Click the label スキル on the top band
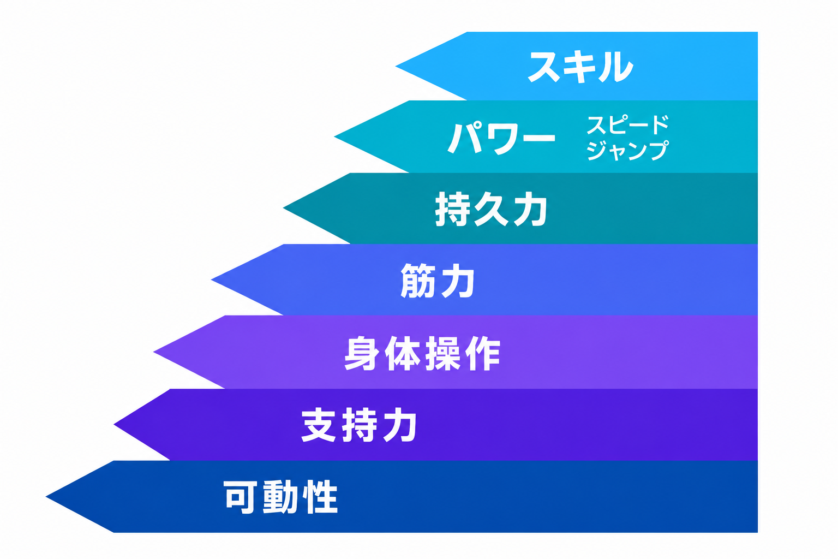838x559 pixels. coord(580,67)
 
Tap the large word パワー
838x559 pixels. coord(501,138)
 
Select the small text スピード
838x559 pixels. coord(627,124)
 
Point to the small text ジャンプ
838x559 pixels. coord(627,150)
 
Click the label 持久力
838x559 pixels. coord(491,209)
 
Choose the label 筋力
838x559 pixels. coord(438,281)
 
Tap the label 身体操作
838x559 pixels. coord(422,353)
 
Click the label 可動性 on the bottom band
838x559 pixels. coord(280,497)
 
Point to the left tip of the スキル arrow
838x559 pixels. coord(396,66)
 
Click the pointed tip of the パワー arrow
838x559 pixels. coord(334,136)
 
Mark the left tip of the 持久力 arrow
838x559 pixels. coord(284,207)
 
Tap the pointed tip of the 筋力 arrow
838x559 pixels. coord(212,279)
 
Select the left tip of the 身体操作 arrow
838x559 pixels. coord(154,352)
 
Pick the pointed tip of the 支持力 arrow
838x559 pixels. coord(114,425)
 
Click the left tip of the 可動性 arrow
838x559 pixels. coord(46,497)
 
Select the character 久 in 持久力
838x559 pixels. coord(491,209)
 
